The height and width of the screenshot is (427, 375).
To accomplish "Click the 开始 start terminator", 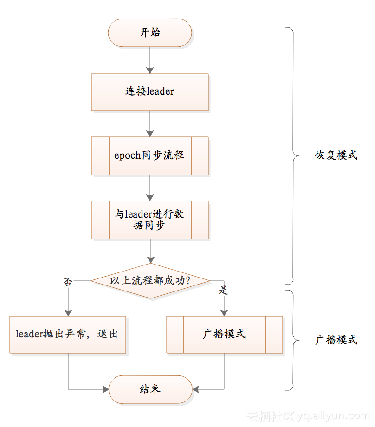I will tap(150, 33).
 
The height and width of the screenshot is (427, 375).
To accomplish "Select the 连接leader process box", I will tap(150, 92).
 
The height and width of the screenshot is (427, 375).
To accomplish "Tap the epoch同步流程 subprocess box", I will tap(150, 155).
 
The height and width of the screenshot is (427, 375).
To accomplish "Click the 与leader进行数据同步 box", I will tap(150, 220).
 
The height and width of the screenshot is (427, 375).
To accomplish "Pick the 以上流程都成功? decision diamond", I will tap(150, 281).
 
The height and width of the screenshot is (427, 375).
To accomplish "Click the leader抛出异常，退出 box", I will tap(68, 334).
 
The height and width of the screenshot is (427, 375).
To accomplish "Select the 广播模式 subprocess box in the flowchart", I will tap(225, 334).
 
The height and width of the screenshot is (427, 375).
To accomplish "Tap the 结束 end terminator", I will tap(150, 389).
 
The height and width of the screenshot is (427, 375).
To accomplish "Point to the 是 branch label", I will tap(224, 291).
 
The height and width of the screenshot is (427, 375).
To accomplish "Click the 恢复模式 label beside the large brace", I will tap(336, 155).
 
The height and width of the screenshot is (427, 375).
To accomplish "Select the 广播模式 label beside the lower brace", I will tap(336, 340).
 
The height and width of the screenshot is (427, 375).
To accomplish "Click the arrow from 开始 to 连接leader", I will tap(150, 60).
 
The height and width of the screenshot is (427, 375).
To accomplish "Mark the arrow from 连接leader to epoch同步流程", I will tap(150, 124).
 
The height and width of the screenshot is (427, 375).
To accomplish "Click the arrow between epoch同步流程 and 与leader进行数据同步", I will tap(150, 188).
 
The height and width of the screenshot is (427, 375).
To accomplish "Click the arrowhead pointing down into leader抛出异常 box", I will tap(68, 311).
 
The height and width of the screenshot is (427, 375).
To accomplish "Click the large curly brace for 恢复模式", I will tap(293, 155).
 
